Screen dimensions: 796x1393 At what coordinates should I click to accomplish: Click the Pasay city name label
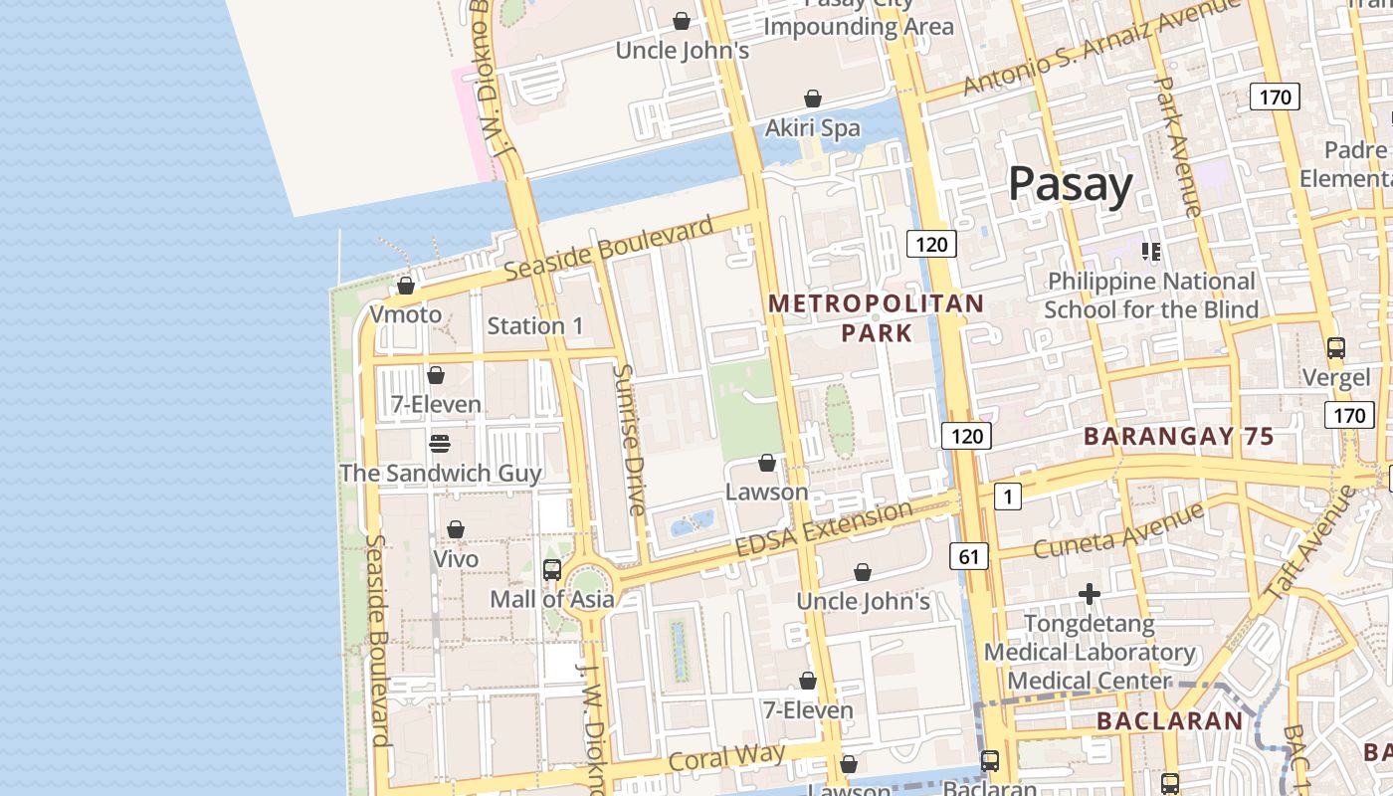[x=1070, y=185]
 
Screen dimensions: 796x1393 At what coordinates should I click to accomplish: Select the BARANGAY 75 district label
[x=1178, y=436]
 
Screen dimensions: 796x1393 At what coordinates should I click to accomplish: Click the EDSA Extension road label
[x=823, y=529]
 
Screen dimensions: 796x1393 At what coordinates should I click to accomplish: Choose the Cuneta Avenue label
[x=1117, y=531]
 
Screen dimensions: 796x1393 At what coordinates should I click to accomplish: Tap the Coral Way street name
[x=726, y=757]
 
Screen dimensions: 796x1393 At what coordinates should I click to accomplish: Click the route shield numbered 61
[x=969, y=556]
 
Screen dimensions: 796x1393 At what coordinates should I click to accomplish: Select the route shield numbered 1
[x=1008, y=496]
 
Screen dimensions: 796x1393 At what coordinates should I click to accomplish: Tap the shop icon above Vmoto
[x=406, y=287]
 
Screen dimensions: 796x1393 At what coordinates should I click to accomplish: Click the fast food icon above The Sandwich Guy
[x=440, y=444]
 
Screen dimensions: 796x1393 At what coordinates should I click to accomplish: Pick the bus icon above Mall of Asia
[x=552, y=570]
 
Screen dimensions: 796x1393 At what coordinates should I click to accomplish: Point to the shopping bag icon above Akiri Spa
[x=813, y=99]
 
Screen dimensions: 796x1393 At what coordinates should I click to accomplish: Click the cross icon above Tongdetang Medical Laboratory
[x=1090, y=595]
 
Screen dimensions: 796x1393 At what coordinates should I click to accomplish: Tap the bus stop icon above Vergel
[x=1335, y=348]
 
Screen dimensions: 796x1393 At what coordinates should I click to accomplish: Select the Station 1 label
[x=535, y=325]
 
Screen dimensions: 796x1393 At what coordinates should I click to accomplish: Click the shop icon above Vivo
[x=456, y=529]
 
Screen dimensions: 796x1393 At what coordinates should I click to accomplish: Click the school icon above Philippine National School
[x=1151, y=252]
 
